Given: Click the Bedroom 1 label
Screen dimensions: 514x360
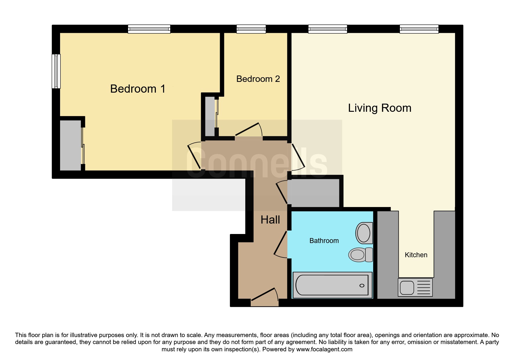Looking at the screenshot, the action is coord(138,89).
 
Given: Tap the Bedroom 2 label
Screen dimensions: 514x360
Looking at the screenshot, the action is coord(258,79).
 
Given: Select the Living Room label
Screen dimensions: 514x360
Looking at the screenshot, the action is coord(380,108).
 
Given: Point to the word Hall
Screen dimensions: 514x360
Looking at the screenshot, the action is coord(270,220).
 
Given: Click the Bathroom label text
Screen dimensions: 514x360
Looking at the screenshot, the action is coord(324,241).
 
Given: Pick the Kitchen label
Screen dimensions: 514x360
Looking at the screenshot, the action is coord(416,255).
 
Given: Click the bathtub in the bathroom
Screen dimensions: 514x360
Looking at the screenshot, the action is coord(332,285).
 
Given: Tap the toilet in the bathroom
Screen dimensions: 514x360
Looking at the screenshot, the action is coord(361,255).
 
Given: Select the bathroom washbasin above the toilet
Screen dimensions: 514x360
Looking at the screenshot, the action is coord(364,233).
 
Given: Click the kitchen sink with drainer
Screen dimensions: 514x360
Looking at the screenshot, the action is coord(415,287).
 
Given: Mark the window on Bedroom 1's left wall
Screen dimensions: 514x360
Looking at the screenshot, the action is coord(56,71).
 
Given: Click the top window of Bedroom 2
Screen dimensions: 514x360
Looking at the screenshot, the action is coord(251,29).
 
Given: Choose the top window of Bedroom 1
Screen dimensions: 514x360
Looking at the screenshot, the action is coord(149,29).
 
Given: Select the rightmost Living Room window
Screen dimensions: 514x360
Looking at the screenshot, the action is coord(419,29).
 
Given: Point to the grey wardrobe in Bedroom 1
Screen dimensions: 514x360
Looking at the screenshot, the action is coord(71,145).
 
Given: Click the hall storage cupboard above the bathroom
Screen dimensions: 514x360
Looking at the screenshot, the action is coord(313,193).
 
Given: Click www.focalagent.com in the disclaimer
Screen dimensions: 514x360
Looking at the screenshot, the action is coord(324,349).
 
